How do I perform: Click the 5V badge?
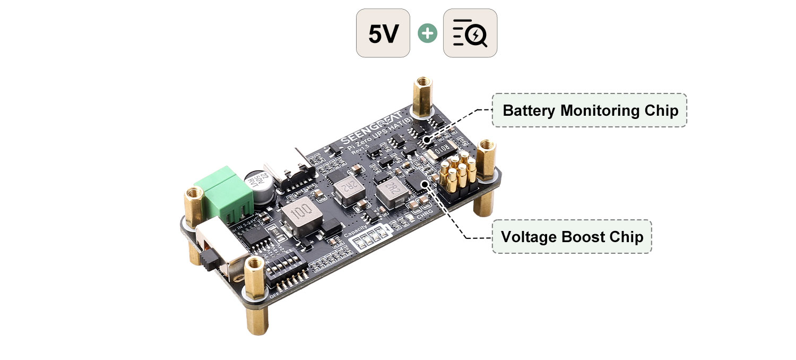[x=383, y=33]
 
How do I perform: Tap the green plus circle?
[x=427, y=33]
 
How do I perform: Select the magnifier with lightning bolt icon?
[x=470, y=33]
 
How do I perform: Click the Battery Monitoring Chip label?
[x=590, y=110]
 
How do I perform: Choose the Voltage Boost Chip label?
[x=572, y=236]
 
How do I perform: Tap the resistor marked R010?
[x=444, y=151]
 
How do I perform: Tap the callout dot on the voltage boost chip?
[x=424, y=184]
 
